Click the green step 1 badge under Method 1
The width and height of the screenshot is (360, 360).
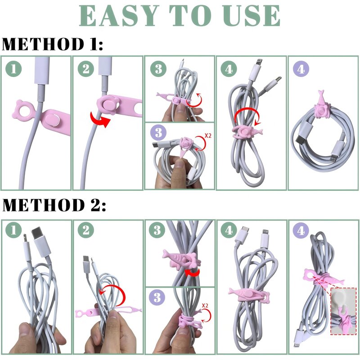point(13,69)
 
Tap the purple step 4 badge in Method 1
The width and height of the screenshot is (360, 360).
point(301,69)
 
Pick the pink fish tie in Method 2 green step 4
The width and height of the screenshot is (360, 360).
point(250,295)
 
